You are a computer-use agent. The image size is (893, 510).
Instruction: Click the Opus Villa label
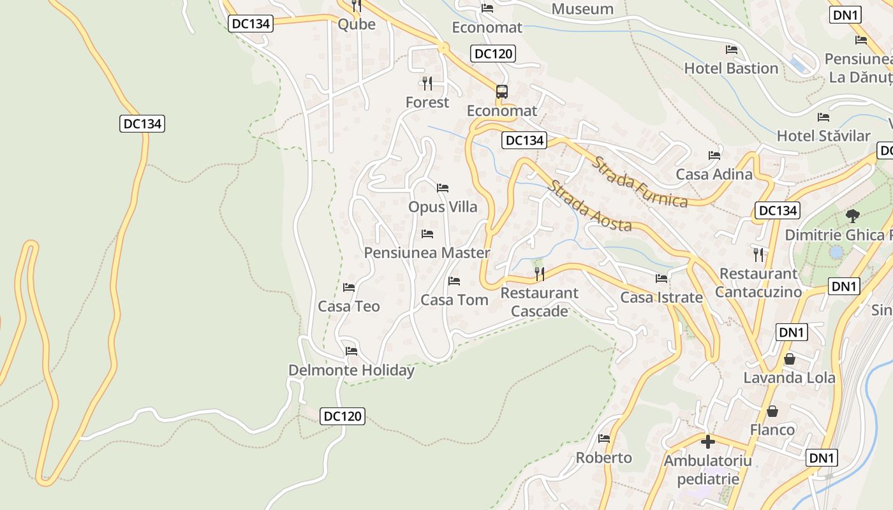(x=443, y=207)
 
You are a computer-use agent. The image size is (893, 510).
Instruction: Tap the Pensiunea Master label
(x=427, y=253)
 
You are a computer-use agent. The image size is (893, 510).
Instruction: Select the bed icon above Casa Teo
(x=349, y=288)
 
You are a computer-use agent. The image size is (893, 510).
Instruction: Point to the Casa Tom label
(x=454, y=300)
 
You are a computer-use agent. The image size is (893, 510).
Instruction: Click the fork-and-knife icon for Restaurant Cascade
(x=540, y=274)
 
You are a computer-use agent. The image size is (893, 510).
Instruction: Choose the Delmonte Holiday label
(x=351, y=370)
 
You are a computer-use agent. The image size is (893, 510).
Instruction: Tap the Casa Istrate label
(x=661, y=298)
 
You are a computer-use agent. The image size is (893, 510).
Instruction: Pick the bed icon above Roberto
(x=604, y=439)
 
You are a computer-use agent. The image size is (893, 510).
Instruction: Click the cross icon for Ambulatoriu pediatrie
(x=707, y=441)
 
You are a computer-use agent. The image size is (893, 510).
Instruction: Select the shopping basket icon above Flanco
(x=772, y=411)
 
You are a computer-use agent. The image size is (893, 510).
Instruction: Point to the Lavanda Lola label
(x=789, y=377)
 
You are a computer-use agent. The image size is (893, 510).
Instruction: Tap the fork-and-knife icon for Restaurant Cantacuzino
(x=758, y=255)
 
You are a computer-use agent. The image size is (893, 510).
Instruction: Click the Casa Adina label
(x=714, y=174)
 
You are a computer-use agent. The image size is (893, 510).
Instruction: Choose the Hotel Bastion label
(x=731, y=68)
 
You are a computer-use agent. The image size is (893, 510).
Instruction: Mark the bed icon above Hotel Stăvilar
(x=823, y=117)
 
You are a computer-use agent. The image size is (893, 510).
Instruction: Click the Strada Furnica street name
(x=640, y=182)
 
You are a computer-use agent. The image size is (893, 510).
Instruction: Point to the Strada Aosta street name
(x=590, y=207)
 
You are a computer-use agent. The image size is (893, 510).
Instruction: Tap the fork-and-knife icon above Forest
(x=427, y=83)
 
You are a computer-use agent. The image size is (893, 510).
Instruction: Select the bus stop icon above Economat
(x=502, y=91)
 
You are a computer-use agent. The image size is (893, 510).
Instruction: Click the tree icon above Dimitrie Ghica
(x=852, y=216)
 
